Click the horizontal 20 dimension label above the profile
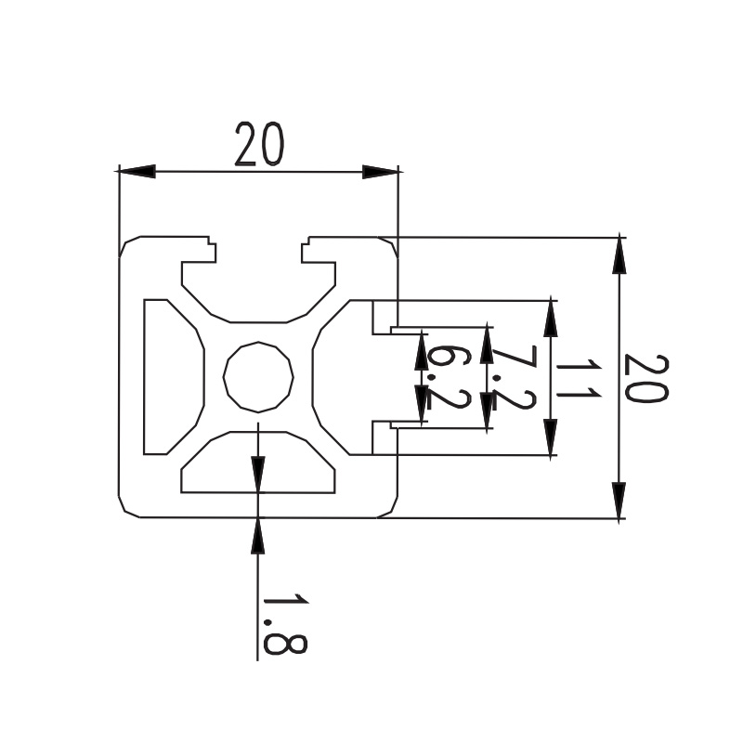260,145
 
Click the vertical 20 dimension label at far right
646,378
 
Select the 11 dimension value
579,378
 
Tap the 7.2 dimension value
515,377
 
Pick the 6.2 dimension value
450,378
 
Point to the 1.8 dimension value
285,623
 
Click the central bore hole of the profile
258,377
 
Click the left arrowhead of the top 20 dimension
137,172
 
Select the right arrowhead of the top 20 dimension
380,172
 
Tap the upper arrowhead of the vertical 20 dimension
619,256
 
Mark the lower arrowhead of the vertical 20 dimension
619,500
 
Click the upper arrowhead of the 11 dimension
550,319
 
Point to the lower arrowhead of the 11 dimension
550,437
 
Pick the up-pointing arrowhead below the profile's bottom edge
258,536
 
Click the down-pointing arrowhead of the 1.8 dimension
258,475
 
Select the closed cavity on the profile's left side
173,377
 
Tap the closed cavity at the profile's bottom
258,462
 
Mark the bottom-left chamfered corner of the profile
129,506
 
